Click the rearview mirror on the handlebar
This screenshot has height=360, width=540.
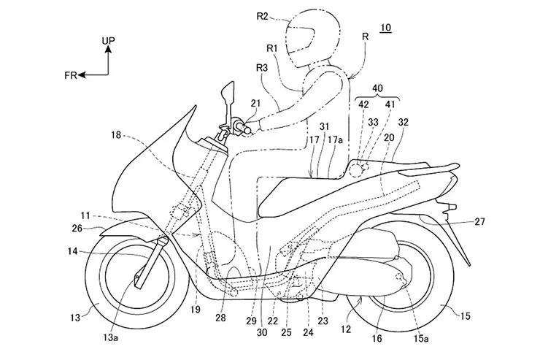pos(228,93)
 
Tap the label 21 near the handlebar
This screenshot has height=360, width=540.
pos(255,103)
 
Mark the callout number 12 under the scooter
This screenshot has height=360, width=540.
pos(346,329)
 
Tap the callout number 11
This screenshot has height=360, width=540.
pos(87,215)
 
